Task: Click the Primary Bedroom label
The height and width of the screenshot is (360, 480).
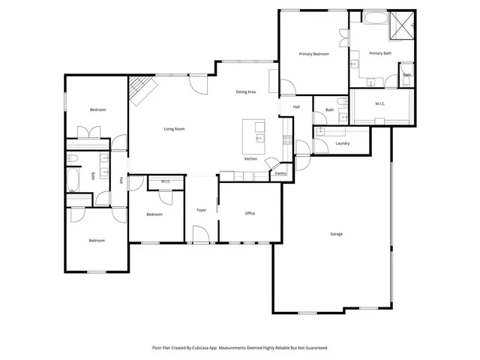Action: click(x=314, y=54)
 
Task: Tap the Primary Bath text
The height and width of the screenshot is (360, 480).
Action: click(x=380, y=53)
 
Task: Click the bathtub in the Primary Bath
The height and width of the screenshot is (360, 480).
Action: click(x=374, y=17)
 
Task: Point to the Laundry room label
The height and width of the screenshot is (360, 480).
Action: click(x=343, y=143)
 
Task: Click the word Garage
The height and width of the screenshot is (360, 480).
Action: click(x=337, y=234)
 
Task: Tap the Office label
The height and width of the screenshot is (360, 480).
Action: click(x=250, y=214)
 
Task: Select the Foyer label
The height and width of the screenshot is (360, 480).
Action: click(x=202, y=210)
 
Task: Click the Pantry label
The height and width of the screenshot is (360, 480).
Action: click(x=280, y=173)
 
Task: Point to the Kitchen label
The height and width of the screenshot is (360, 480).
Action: click(x=251, y=159)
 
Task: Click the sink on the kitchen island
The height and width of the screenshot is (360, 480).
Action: click(x=259, y=138)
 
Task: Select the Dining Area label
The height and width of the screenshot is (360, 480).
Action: click(x=247, y=91)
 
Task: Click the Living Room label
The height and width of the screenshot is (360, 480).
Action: click(x=175, y=129)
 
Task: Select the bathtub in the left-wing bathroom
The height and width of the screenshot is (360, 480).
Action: click(x=73, y=180)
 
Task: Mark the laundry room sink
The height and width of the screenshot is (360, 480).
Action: click(x=321, y=130)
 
